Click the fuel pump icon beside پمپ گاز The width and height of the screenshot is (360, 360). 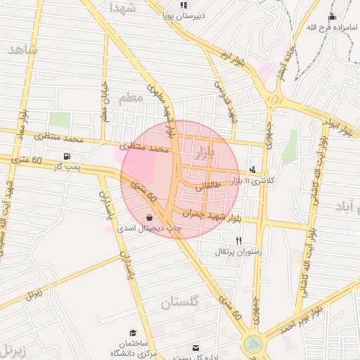click(67, 156)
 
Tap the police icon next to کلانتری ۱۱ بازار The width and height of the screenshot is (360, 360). click(253, 169)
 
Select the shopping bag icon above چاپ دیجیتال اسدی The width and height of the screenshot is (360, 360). click(149, 217)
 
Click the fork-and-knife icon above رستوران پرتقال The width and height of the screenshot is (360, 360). click(239, 240)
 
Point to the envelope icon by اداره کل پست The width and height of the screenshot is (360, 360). click(195, 347)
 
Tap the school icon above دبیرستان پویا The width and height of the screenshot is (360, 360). click(184, 6)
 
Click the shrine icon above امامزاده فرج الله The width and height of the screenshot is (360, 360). click(332, 16)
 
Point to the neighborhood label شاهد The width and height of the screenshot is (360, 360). click(23, 49)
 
